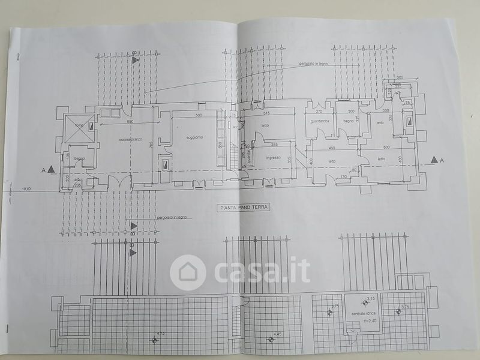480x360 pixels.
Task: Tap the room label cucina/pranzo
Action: click(x=130, y=139)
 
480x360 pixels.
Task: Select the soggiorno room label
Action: click(x=194, y=137)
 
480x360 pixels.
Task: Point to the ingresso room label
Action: click(x=274, y=158)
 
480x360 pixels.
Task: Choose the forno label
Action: click(x=79, y=125)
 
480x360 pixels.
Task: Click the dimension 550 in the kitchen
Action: click(x=130, y=121)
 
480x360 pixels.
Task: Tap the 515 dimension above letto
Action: click(x=268, y=113)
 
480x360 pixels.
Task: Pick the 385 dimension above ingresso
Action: click(x=274, y=145)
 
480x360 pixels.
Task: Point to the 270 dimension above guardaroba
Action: click(x=319, y=112)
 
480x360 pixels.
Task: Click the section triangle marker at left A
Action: click(x=52, y=170)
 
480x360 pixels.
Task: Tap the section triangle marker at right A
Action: click(x=433, y=160)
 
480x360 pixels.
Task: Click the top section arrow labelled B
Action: click(x=136, y=59)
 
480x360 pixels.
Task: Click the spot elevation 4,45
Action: click(x=277, y=334)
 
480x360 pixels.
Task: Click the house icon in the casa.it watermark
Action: click(x=188, y=272)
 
